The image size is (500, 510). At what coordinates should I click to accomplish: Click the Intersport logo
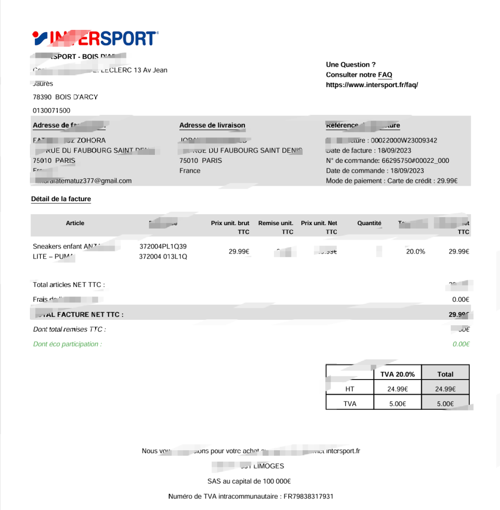pyautogui.click(x=95, y=38)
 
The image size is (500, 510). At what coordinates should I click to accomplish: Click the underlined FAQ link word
pyautogui.click(x=385, y=75)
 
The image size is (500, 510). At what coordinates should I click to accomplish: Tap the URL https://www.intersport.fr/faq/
pyautogui.click(x=372, y=85)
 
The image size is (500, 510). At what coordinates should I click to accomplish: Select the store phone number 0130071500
pyautogui.click(x=51, y=110)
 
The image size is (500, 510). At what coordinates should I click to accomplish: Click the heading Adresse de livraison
pyautogui.click(x=212, y=125)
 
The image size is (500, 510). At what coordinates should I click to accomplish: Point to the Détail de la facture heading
pyautogui.click(x=61, y=199)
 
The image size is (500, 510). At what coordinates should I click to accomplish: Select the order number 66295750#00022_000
pyautogui.click(x=415, y=160)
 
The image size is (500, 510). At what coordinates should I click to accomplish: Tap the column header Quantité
pyautogui.click(x=369, y=223)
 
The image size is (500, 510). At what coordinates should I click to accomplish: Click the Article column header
pyautogui.click(x=75, y=223)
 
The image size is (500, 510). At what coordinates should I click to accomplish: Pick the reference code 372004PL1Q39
pyautogui.click(x=163, y=246)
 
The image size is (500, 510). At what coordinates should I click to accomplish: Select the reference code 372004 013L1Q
pyautogui.click(x=163, y=256)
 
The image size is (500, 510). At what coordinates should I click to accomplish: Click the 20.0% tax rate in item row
pyautogui.click(x=415, y=252)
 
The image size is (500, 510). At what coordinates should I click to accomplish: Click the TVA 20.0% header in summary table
pyautogui.click(x=397, y=374)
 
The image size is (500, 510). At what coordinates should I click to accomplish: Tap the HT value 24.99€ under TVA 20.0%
pyautogui.click(x=398, y=389)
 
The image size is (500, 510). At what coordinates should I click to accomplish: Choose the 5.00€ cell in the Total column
pyautogui.click(x=445, y=404)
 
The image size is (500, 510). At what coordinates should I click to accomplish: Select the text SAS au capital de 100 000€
pyautogui.click(x=249, y=481)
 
